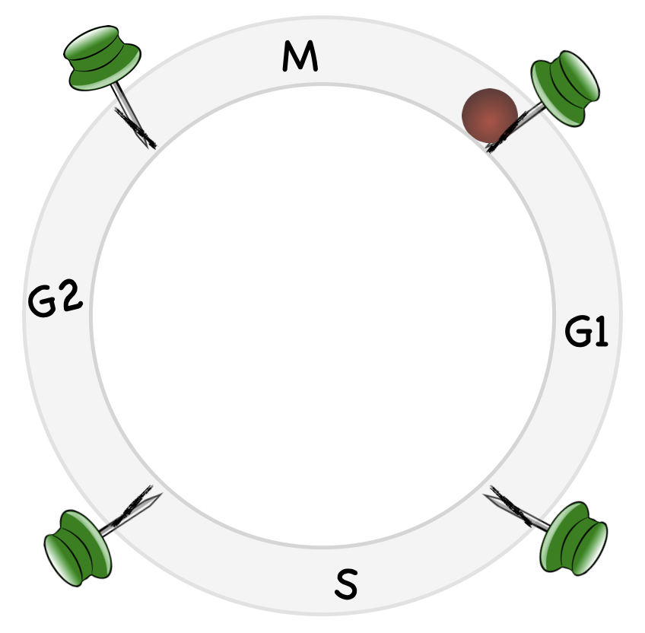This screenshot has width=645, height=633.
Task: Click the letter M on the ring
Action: click(x=298, y=56)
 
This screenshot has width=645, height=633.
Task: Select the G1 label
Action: click(x=587, y=333)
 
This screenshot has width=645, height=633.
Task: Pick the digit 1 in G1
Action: click(x=601, y=333)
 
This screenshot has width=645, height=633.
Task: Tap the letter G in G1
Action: click(x=578, y=333)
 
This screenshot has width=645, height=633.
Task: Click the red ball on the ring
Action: click(x=490, y=116)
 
